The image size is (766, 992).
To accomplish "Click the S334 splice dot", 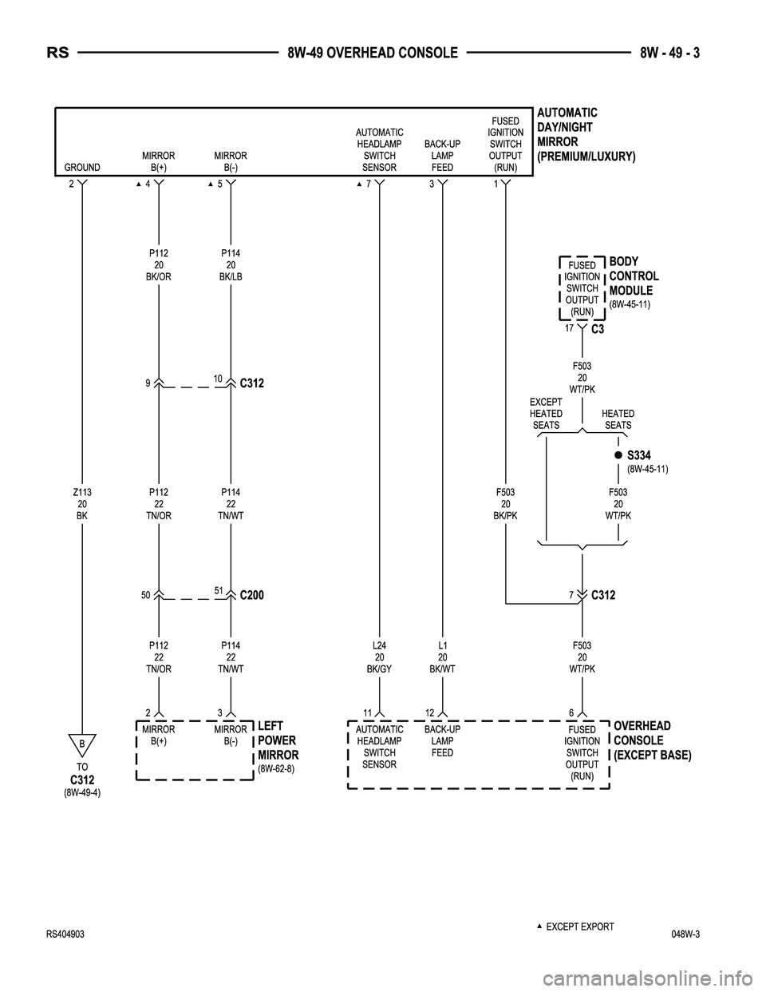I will pos(618,454).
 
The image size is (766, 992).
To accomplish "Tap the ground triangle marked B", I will pos(82,744).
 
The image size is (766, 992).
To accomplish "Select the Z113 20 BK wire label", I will pos(82,504).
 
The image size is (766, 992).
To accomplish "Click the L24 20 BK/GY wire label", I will pos(379,657).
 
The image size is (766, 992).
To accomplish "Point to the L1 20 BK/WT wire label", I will pos(442,657).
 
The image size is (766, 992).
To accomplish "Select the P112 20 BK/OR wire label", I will pos(159,265).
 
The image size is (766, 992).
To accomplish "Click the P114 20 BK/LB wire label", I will pos(231,265).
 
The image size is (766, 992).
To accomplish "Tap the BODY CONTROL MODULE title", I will pos(634,276).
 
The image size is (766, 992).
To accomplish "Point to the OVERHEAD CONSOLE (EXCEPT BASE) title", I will pos(652,740).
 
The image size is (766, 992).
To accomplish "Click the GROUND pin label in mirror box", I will pos(82,168).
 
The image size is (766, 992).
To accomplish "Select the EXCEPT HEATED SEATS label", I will pos(546,414).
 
